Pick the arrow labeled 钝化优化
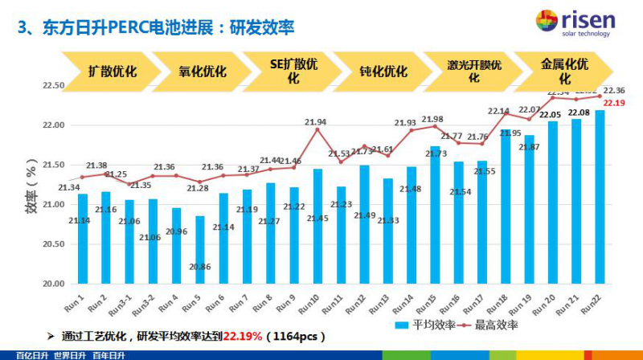[x=381, y=71]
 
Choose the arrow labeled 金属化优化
[x=563, y=71]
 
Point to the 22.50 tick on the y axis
[x=53, y=85]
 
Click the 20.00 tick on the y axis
[x=53, y=284]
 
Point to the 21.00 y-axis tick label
[x=53, y=204]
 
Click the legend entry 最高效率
[x=490, y=325]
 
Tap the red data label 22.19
[x=614, y=103]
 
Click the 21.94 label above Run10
[x=316, y=122]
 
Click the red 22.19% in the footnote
[x=243, y=335]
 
